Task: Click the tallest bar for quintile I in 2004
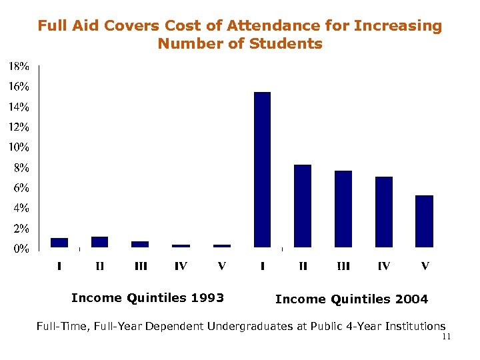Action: [x=262, y=169]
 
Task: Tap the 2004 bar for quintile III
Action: [x=343, y=209]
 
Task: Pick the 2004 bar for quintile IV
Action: [x=384, y=212]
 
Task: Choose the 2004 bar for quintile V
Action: [x=425, y=221]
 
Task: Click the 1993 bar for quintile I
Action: [x=59, y=242]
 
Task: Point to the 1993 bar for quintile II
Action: [x=99, y=241]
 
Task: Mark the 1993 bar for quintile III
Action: [x=140, y=244]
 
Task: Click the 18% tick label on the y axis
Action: [x=19, y=66]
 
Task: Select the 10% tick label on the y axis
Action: [x=19, y=147]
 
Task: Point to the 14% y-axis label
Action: [x=19, y=107]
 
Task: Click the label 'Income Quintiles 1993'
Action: [x=147, y=297]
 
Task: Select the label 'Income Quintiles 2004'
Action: [x=351, y=299]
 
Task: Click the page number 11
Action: [x=446, y=337]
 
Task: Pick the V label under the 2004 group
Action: [x=425, y=267]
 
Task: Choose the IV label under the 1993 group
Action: [x=181, y=267]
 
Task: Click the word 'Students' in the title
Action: [x=285, y=44]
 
